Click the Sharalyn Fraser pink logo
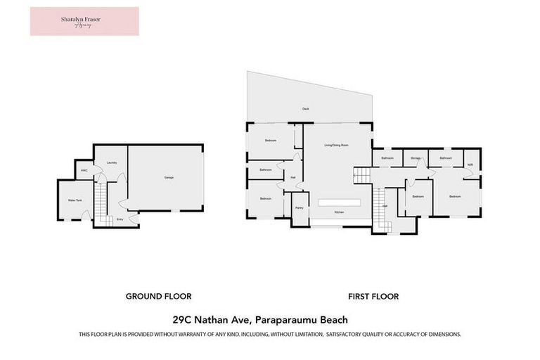[x=84, y=21]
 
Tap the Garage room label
[x=169, y=177]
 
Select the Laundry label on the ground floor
[x=111, y=163]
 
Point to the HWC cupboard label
[x=84, y=170]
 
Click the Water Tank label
[x=74, y=200]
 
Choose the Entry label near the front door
[x=120, y=219]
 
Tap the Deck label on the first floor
[x=306, y=109]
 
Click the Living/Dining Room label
[x=336, y=145]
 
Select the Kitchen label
[x=339, y=212]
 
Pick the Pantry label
[x=300, y=208]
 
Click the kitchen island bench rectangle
[x=339, y=202]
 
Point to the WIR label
[x=470, y=165]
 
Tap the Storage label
[x=416, y=158]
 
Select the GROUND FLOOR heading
[x=158, y=297]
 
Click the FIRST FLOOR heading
[x=373, y=297]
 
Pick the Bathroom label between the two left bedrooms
[x=266, y=169]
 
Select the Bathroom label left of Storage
[x=387, y=158]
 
